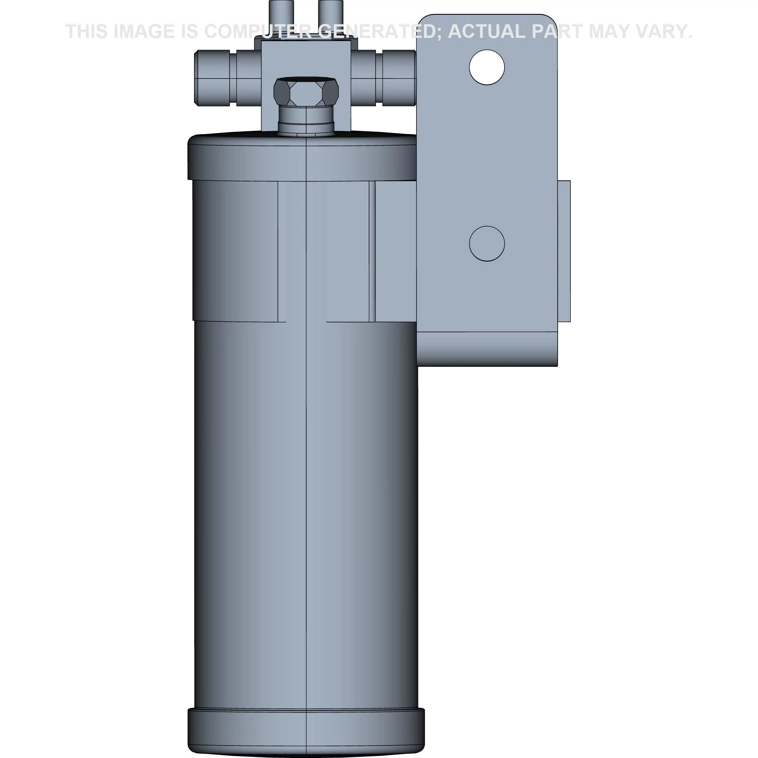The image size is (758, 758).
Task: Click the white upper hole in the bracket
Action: coord(487,67)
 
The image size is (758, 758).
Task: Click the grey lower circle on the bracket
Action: coord(487,243)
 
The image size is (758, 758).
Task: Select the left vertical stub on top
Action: coord(279,16)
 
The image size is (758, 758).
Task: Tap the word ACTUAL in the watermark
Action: coord(487,31)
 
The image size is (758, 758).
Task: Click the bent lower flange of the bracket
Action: coord(487,349)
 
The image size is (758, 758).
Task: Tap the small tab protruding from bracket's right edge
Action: coord(564,251)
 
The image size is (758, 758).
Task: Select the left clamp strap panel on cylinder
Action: coord(235,251)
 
